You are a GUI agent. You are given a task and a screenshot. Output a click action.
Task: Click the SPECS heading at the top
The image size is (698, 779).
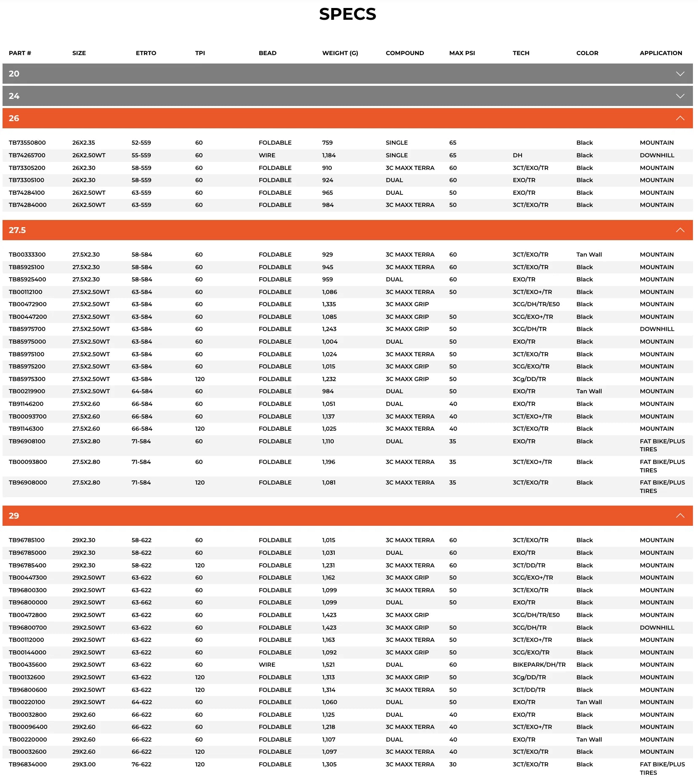coord(347,14)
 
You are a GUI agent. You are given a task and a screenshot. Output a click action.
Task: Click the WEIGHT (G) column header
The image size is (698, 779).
coord(340,53)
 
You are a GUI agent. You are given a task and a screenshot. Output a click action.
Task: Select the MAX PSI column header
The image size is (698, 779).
coord(462,53)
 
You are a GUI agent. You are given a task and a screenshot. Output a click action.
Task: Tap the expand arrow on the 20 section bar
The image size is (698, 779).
coord(680,74)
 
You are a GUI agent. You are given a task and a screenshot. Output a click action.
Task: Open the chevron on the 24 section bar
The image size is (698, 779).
coord(680,96)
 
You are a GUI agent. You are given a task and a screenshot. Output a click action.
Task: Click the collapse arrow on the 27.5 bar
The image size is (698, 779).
coord(680,230)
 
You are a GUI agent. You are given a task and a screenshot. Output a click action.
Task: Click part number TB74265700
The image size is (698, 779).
coord(27,155)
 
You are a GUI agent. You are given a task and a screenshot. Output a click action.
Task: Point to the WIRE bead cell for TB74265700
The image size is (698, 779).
coord(267,155)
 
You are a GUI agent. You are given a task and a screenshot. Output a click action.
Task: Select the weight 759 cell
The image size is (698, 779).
coord(327,143)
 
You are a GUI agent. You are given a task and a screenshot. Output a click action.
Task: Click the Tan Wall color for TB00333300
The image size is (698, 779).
coord(589,254)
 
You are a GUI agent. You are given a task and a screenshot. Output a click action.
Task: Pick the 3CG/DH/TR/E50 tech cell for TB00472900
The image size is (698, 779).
coord(536,304)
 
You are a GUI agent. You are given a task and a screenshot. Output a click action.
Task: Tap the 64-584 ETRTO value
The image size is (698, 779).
coord(142,391)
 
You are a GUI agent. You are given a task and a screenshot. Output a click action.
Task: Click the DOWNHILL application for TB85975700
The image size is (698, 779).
coord(657,329)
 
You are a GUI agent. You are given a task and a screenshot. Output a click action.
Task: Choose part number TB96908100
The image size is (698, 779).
coord(27,441)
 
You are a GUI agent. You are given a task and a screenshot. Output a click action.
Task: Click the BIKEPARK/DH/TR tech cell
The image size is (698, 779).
coord(539,665)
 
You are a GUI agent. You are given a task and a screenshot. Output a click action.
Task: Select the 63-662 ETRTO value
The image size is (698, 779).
coord(141,602)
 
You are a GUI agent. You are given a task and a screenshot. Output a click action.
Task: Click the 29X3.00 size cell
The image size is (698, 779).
coord(84,764)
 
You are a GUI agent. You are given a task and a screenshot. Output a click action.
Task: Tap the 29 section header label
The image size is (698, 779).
coord(14,516)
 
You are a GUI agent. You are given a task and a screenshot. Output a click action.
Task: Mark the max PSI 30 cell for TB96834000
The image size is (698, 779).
coord(453,764)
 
